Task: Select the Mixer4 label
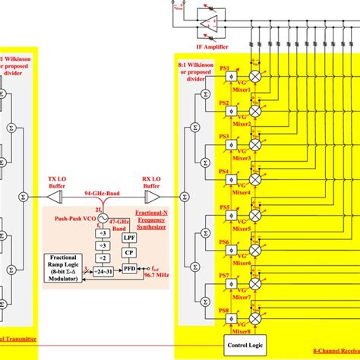[x=242, y=192]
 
